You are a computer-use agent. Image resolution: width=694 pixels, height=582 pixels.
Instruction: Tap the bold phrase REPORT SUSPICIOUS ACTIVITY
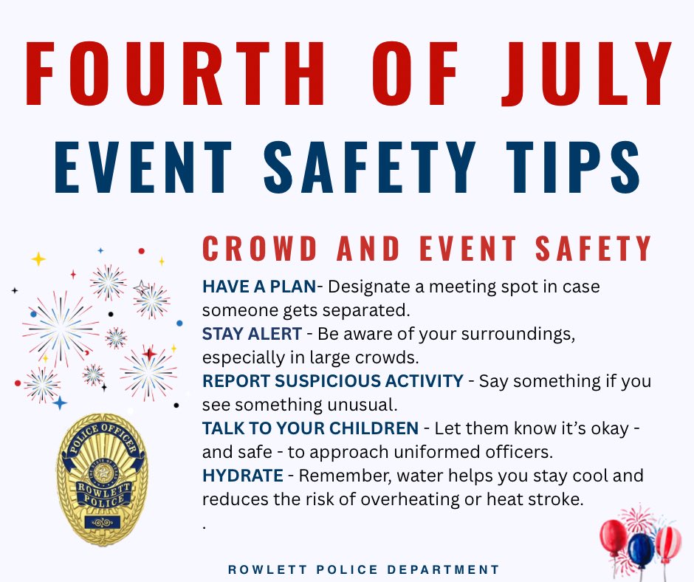(x=332, y=381)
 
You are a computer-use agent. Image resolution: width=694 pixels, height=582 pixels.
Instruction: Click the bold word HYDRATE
(x=242, y=476)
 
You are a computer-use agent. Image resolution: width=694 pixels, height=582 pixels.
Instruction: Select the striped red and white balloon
(x=667, y=542)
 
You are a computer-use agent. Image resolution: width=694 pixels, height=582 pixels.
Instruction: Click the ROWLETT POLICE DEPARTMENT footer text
(x=363, y=569)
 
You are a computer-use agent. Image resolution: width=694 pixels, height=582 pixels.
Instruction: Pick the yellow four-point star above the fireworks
(x=38, y=259)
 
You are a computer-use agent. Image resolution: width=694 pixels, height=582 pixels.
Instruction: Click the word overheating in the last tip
(x=402, y=499)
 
